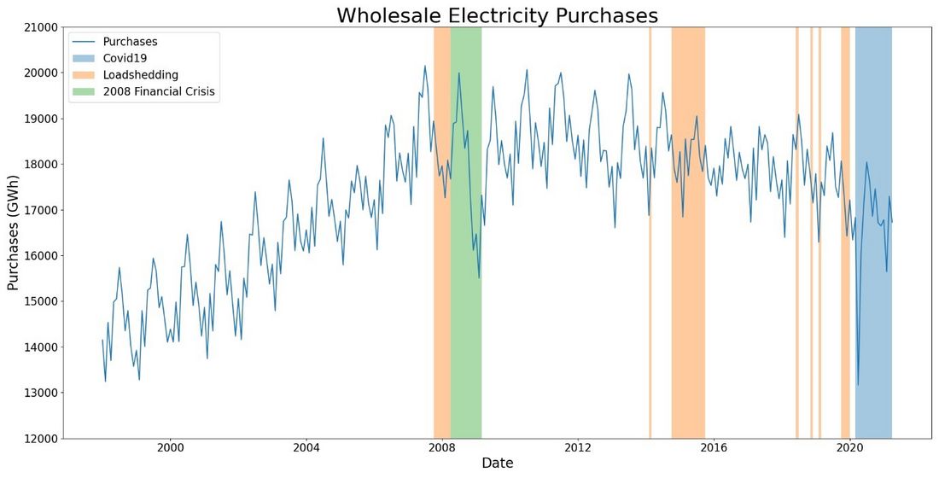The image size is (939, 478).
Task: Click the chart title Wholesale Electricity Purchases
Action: (497, 15)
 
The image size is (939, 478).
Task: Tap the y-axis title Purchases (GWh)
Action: (13, 233)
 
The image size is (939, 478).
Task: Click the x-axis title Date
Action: (497, 463)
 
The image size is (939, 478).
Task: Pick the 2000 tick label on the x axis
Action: (171, 447)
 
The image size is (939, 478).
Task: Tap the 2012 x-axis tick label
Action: (578, 447)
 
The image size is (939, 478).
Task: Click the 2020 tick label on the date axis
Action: (849, 447)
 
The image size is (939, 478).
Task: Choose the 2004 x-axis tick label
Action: (306, 447)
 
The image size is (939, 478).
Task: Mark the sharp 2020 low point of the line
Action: (858, 384)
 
